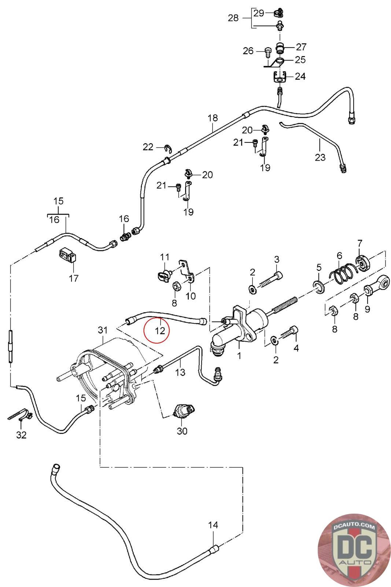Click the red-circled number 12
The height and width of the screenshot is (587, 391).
point(160,330)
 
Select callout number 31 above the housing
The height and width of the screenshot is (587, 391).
point(102,330)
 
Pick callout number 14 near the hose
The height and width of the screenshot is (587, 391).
point(213,525)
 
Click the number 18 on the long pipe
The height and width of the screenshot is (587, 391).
point(213,118)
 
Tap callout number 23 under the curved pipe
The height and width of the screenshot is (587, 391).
point(320,157)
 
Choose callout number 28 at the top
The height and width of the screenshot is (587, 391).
point(233,18)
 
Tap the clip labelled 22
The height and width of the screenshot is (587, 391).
point(167,148)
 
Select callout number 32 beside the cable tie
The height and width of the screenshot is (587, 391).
point(22,435)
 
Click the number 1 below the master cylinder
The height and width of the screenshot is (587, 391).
point(239,356)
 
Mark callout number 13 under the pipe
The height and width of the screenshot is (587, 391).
point(180,372)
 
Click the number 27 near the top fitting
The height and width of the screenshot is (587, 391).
point(301,47)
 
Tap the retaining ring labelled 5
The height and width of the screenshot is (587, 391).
point(319,285)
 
